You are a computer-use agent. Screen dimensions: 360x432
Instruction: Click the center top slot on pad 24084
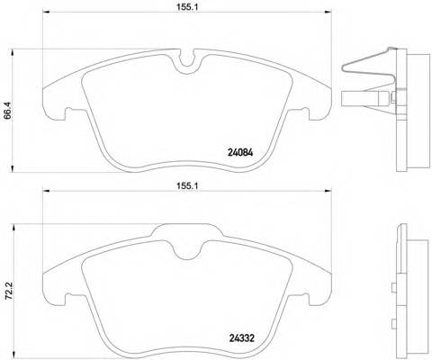point(187,64)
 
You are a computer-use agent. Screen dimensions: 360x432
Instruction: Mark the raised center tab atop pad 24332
point(187,234)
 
